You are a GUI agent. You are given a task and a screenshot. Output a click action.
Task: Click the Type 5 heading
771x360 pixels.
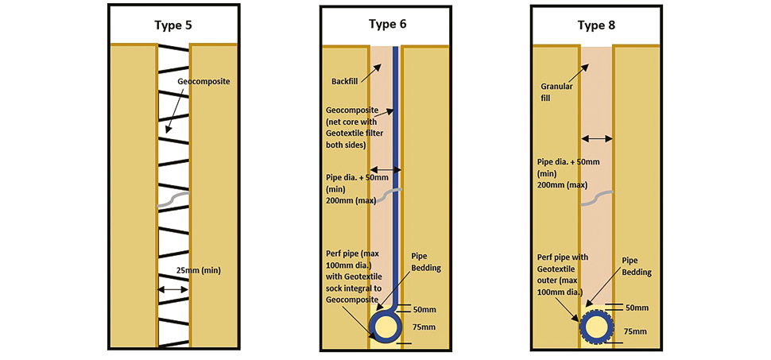point(172,24)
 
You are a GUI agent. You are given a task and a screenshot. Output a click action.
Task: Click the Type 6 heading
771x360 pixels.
point(387,24)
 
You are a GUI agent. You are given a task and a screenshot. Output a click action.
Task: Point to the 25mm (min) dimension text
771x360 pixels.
point(200,270)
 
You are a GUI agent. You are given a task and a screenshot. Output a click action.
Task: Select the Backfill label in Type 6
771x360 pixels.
point(344,81)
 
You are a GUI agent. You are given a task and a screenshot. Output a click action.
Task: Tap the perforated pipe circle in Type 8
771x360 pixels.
point(595,326)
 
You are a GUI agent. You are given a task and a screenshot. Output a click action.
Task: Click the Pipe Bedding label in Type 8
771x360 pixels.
point(637,266)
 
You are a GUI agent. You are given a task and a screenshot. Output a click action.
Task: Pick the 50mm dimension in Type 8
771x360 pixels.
point(637,308)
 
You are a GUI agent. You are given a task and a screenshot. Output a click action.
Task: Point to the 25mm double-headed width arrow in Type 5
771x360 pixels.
point(173,290)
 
